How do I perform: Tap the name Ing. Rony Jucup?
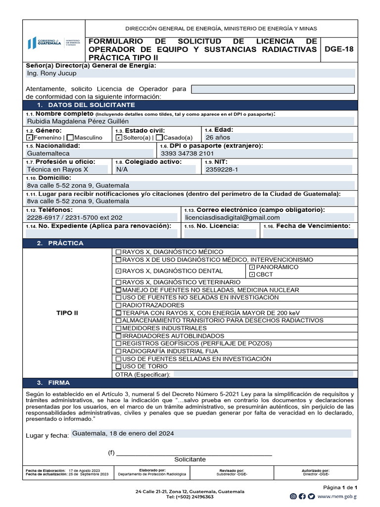52,73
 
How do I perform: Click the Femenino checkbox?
30,138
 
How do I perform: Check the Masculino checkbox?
70,138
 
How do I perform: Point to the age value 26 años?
218,137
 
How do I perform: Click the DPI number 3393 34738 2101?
187,153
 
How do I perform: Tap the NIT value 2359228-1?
222,169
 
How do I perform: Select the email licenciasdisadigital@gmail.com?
232,217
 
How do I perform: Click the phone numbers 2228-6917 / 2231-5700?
75,217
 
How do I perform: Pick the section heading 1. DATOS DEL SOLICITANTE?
86,105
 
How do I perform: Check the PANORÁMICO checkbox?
252,267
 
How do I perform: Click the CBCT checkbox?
252,274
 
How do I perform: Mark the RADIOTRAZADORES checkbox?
118,305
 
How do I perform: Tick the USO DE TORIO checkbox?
118,366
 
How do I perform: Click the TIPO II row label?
67,313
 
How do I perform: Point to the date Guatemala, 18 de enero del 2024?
123,433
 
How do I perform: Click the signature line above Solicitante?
193,454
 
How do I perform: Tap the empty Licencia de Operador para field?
273,89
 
